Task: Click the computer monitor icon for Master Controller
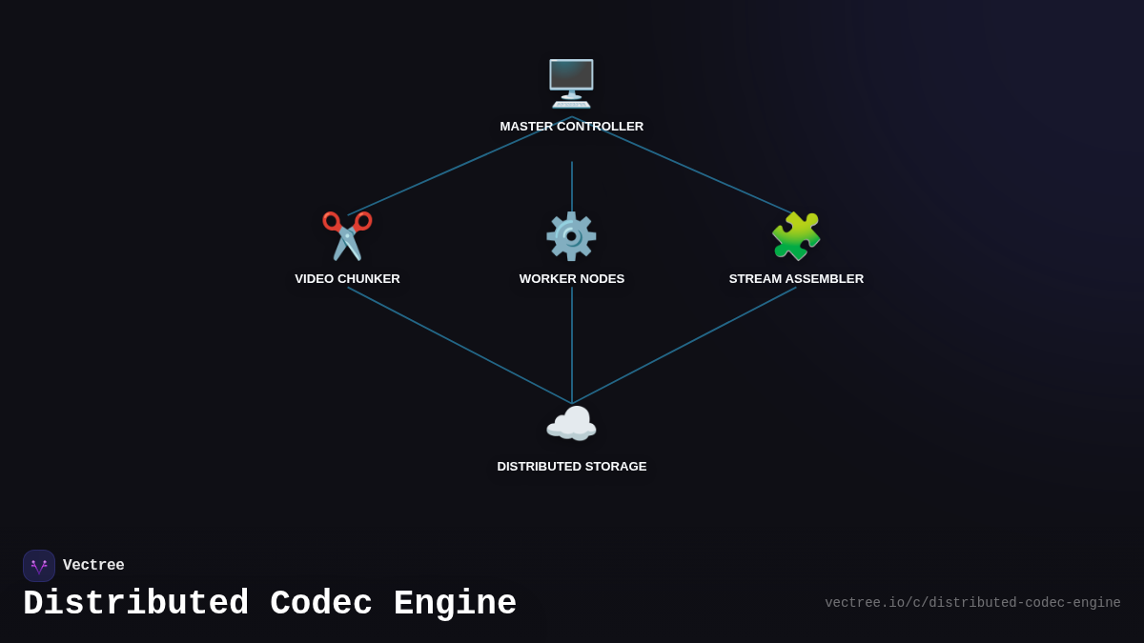[571, 83]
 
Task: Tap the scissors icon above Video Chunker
[347, 235]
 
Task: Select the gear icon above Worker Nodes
[571, 236]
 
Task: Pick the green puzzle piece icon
[796, 236]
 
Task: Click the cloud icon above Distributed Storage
[571, 424]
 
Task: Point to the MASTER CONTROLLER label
[572, 127]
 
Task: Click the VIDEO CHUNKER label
[347, 279]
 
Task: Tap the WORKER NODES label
[572, 279]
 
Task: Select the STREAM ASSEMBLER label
[796, 279]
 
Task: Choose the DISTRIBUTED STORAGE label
[572, 467]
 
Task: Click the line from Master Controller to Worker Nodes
[572, 186]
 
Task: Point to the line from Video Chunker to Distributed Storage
[460, 346]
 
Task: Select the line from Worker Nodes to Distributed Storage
[572, 345]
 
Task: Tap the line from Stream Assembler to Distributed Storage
[684, 346]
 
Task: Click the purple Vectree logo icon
[39, 566]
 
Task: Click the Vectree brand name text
[93, 566]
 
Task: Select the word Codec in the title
[320, 604]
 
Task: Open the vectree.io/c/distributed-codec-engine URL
[972, 603]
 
